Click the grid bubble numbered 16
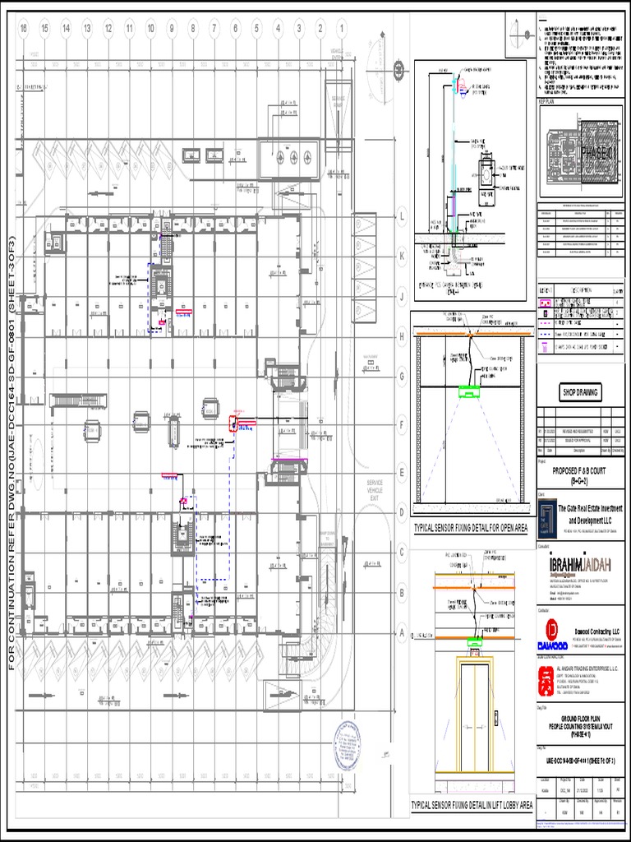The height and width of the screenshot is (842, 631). click(24, 29)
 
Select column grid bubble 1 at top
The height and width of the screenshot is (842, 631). click(341, 29)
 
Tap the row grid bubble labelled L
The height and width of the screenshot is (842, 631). click(403, 218)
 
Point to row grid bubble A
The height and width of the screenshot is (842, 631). click(403, 632)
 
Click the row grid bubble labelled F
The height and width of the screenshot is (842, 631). click(403, 425)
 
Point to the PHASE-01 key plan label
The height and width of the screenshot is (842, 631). click(581, 152)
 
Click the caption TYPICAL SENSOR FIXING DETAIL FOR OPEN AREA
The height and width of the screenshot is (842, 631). click(471, 528)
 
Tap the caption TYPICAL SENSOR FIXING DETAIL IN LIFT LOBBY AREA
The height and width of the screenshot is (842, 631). click(472, 805)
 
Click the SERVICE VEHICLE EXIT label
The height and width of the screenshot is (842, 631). click(375, 490)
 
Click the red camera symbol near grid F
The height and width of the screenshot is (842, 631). click(233, 423)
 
